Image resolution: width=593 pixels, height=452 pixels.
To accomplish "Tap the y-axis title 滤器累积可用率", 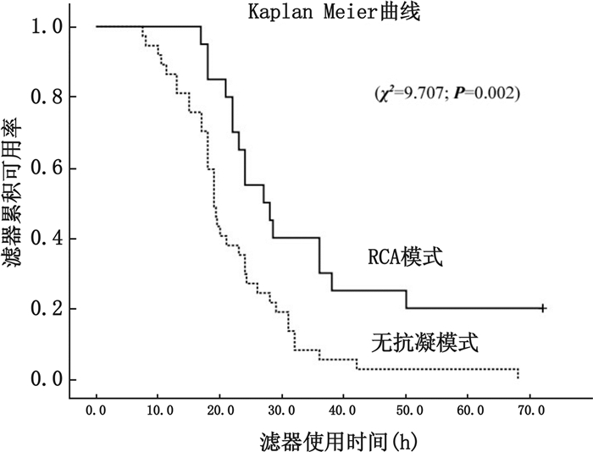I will click(15, 195).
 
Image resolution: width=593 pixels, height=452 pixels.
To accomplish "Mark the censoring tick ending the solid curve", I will click(543, 309).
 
